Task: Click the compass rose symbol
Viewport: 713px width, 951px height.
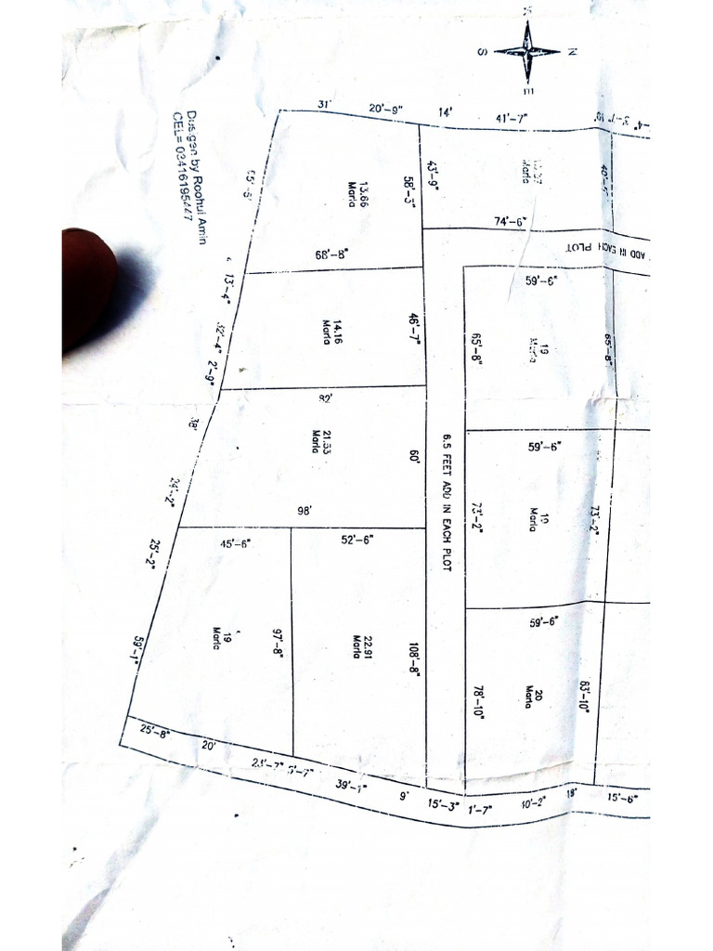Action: [x=527, y=51]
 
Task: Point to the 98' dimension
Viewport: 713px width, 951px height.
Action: [x=304, y=511]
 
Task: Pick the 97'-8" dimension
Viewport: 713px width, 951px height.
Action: [x=277, y=642]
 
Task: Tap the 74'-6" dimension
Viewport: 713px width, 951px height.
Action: [x=510, y=222]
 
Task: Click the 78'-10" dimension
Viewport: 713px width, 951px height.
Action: [x=479, y=702]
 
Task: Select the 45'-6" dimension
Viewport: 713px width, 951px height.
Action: [x=235, y=544]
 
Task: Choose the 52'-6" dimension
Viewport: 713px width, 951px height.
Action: [x=356, y=540]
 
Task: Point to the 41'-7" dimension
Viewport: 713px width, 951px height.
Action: [x=512, y=118]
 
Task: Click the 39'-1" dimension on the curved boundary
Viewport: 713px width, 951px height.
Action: [x=351, y=787]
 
